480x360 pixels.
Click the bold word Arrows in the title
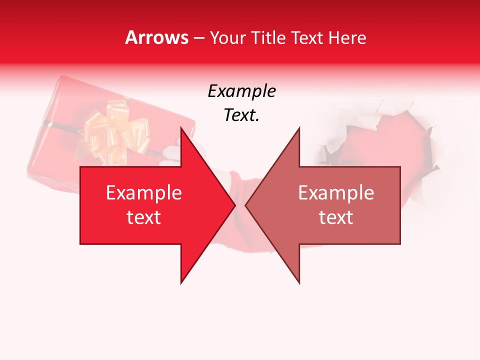(x=156, y=37)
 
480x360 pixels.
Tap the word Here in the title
(x=347, y=38)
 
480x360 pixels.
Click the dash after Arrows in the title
(x=198, y=38)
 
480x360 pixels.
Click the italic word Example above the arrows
(x=241, y=91)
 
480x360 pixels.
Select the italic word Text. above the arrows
(x=241, y=115)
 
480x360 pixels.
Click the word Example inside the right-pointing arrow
(x=143, y=193)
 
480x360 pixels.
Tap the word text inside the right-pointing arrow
(x=143, y=217)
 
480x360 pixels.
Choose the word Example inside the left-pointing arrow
(x=336, y=193)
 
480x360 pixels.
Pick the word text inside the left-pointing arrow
(x=336, y=217)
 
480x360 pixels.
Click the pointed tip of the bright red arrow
(x=234, y=205)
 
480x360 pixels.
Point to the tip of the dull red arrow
(x=246, y=205)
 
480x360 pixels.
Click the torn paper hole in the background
(x=385, y=140)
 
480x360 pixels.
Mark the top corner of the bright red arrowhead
(x=181, y=128)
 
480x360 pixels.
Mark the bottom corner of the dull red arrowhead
(x=299, y=283)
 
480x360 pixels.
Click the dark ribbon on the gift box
(x=60, y=123)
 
